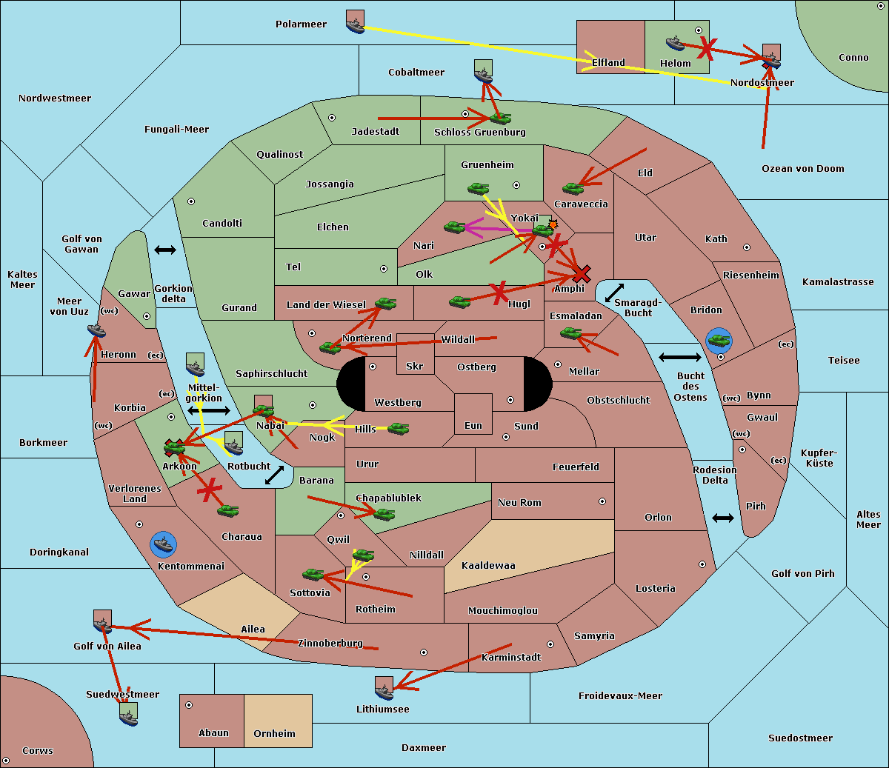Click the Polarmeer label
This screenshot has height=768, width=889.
301,24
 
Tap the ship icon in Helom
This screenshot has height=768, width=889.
675,42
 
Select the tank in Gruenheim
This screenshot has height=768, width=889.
479,188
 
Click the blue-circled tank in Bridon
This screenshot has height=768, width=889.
719,341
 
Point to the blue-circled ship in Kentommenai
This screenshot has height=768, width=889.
163,544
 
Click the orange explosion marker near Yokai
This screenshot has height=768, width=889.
553,224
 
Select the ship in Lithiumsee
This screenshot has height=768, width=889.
384,688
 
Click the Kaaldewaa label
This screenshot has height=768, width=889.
488,565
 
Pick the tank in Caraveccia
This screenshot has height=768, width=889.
573,188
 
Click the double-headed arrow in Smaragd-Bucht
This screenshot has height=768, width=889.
614,293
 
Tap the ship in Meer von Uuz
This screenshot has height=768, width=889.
96,330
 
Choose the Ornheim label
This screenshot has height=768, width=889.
274,733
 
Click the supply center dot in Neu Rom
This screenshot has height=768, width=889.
602,501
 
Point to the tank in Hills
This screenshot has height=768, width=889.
399,428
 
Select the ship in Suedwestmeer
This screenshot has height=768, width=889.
128,714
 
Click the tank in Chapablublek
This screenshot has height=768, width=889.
384,514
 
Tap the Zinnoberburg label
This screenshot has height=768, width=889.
330,643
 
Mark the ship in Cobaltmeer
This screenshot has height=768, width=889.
483,71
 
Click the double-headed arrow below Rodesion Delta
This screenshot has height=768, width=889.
723,518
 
